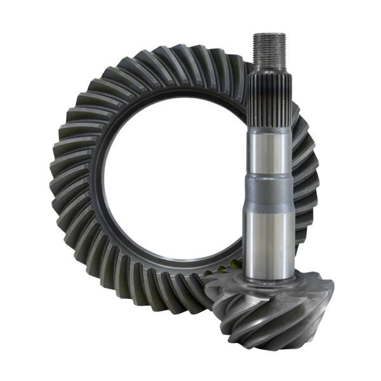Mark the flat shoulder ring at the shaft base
(x=270, y=279)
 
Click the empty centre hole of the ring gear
(x=171, y=184)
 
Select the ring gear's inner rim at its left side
(x=95, y=184)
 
